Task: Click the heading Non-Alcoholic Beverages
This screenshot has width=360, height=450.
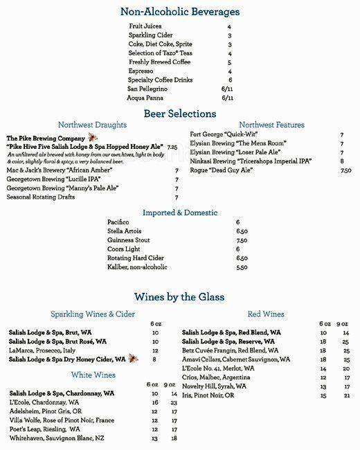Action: click(179, 12)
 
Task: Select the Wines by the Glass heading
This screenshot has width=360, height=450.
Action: click(179, 297)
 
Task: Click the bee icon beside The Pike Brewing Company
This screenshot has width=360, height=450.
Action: click(92, 138)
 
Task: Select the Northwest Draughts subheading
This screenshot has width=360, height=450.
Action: click(92, 125)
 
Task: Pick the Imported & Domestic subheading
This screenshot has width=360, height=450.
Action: click(180, 213)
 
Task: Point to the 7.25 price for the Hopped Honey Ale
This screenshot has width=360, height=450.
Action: click(172, 147)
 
